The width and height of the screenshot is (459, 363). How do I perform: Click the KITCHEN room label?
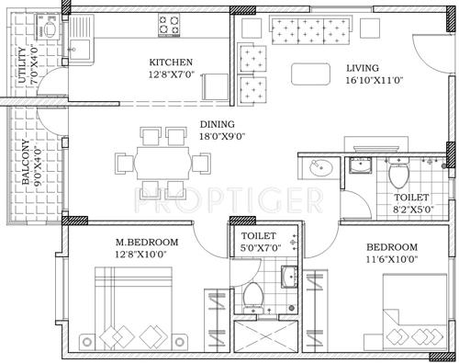[171, 62]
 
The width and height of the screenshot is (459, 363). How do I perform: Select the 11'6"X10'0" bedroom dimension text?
[392, 260]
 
